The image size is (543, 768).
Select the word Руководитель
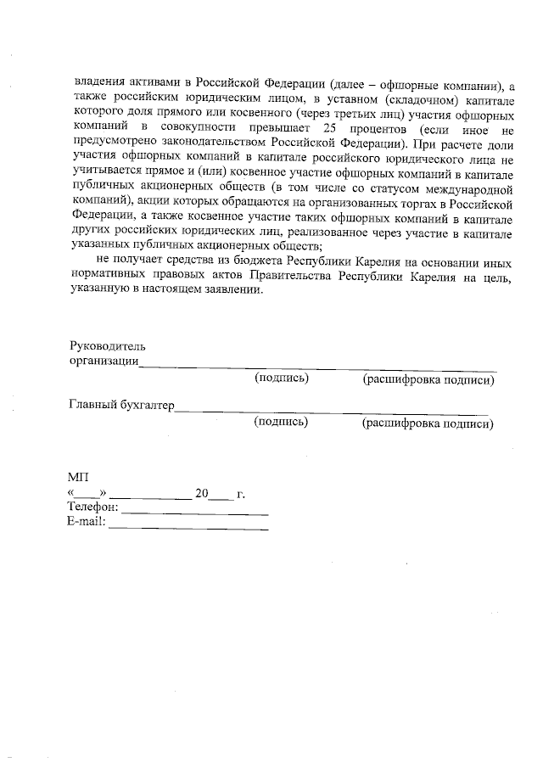107,346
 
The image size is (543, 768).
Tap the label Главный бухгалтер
120,405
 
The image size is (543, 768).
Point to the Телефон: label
92,507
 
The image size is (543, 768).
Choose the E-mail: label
87,522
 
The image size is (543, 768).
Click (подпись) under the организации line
281,378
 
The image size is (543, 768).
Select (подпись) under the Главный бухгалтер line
281,421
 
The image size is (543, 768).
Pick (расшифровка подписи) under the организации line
428,379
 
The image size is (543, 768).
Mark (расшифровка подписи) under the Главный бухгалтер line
428,422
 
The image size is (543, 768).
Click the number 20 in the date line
201,493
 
